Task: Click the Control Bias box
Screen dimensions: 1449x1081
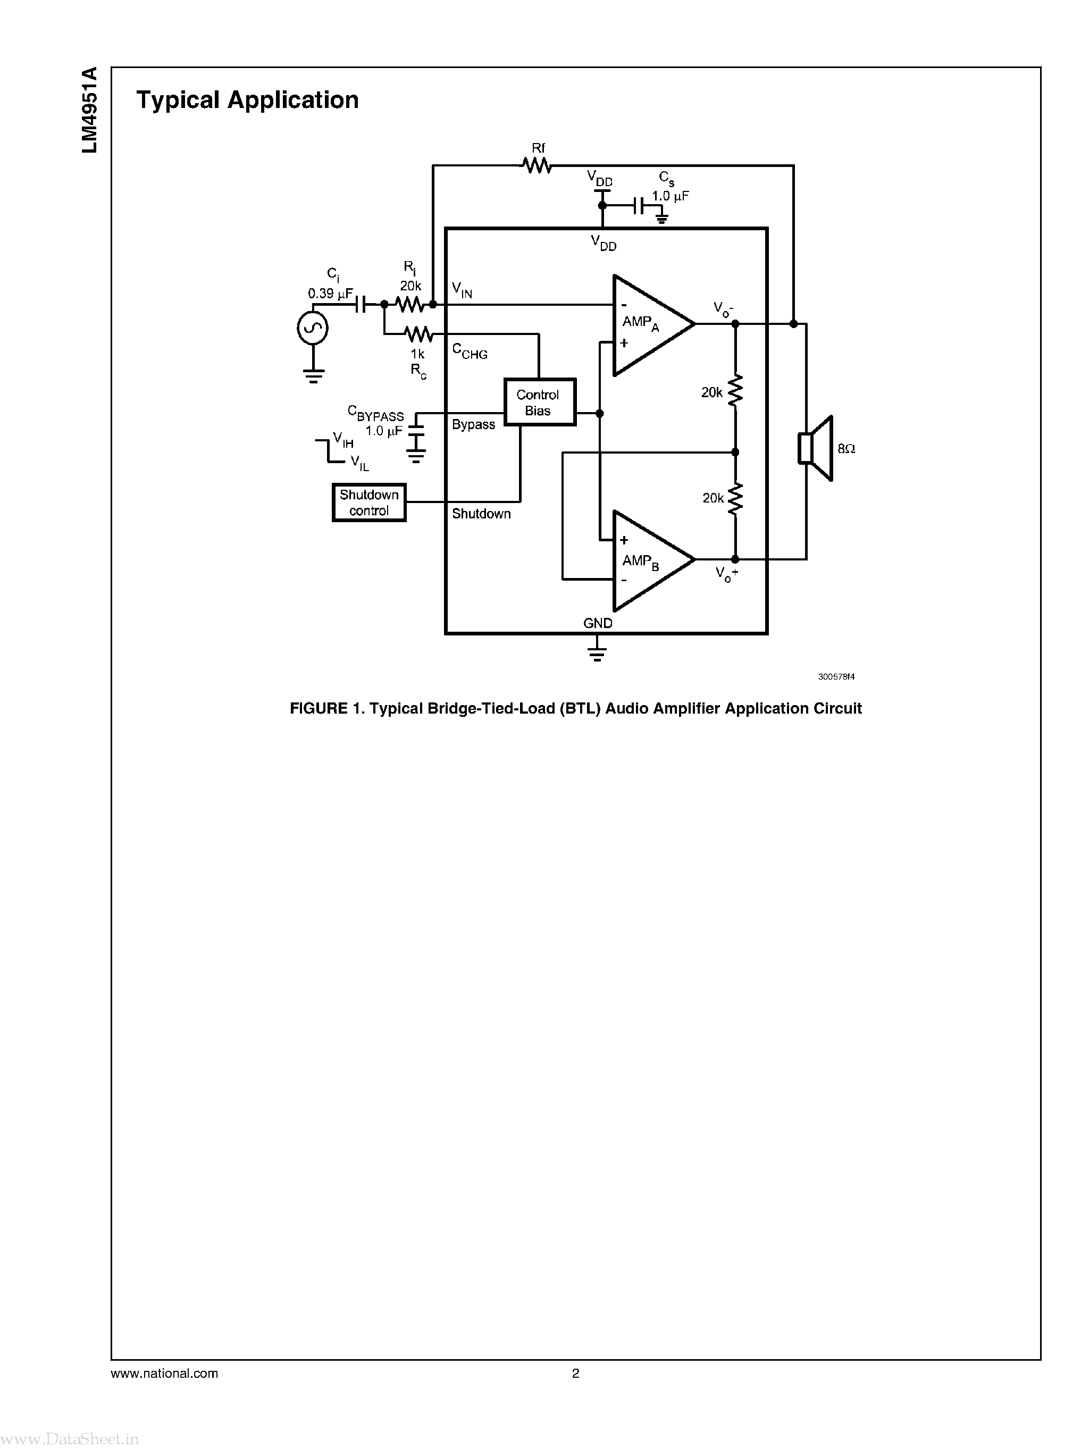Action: pyautogui.click(x=539, y=402)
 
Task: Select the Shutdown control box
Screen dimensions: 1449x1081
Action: pyautogui.click(x=369, y=502)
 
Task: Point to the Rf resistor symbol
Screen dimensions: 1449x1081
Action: pyautogui.click(x=537, y=166)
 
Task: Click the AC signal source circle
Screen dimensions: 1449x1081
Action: pyautogui.click(x=313, y=328)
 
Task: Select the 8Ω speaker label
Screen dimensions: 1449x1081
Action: pyautogui.click(x=846, y=449)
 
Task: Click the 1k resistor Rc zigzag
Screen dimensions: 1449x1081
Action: pyautogui.click(x=418, y=334)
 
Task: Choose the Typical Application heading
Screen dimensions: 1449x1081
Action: pyautogui.click(x=247, y=100)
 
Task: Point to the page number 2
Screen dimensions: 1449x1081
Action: pyautogui.click(x=575, y=1373)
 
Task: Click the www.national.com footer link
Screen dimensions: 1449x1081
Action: pyautogui.click(x=164, y=1373)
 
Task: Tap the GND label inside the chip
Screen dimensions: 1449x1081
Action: pyautogui.click(x=598, y=623)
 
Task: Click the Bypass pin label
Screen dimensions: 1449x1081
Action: pyautogui.click(x=473, y=424)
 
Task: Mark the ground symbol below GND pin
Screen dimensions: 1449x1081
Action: pyautogui.click(x=597, y=652)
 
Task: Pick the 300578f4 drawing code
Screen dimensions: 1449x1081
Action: pyautogui.click(x=836, y=677)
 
